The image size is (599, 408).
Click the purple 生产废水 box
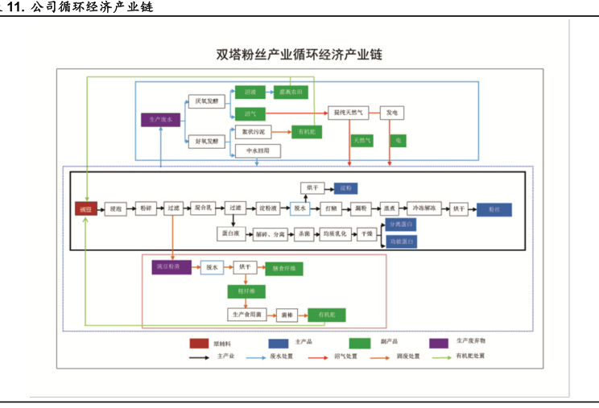(x=160, y=120)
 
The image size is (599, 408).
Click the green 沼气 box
(x=249, y=113)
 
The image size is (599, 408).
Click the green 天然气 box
(x=362, y=140)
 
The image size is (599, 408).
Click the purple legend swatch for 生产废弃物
(x=439, y=343)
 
